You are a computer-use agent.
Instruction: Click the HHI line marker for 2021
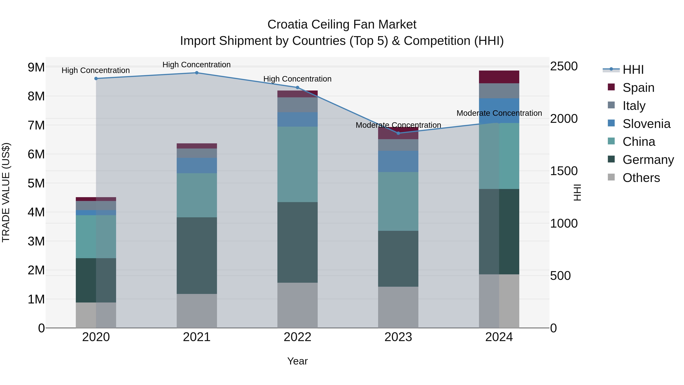click(x=197, y=73)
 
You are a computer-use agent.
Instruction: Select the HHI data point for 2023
click(x=398, y=133)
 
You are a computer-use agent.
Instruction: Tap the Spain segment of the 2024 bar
click(x=499, y=77)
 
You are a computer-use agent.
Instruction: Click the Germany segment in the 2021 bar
click(x=197, y=255)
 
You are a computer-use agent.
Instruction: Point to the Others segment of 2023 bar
click(x=398, y=307)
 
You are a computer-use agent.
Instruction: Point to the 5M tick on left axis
click(x=36, y=183)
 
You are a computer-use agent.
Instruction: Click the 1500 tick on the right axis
click(x=564, y=171)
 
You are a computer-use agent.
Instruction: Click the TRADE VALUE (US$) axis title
click(x=6, y=192)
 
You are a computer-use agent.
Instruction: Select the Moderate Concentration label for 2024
click(x=499, y=113)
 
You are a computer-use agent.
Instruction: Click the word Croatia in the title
click(x=288, y=25)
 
